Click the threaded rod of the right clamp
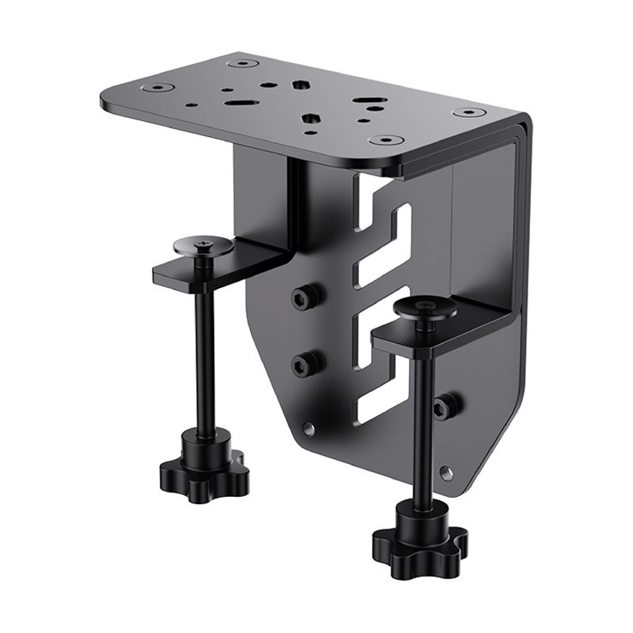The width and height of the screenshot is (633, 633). click(419, 419)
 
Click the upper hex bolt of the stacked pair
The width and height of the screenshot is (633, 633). click(301, 297)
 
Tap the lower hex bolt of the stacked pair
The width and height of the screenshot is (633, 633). click(301, 365)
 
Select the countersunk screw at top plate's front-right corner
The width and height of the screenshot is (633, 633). click(385, 140)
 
